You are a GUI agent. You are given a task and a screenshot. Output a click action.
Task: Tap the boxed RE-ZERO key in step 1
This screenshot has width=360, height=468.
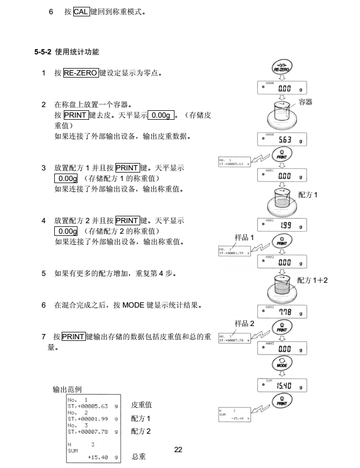coord(81,74)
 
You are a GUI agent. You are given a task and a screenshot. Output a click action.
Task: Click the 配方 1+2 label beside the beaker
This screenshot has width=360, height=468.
coord(313,280)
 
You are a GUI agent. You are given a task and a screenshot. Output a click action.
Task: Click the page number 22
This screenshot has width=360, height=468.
coord(178,450)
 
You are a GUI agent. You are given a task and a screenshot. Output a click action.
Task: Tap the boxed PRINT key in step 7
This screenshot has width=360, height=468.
coord(73,337)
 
